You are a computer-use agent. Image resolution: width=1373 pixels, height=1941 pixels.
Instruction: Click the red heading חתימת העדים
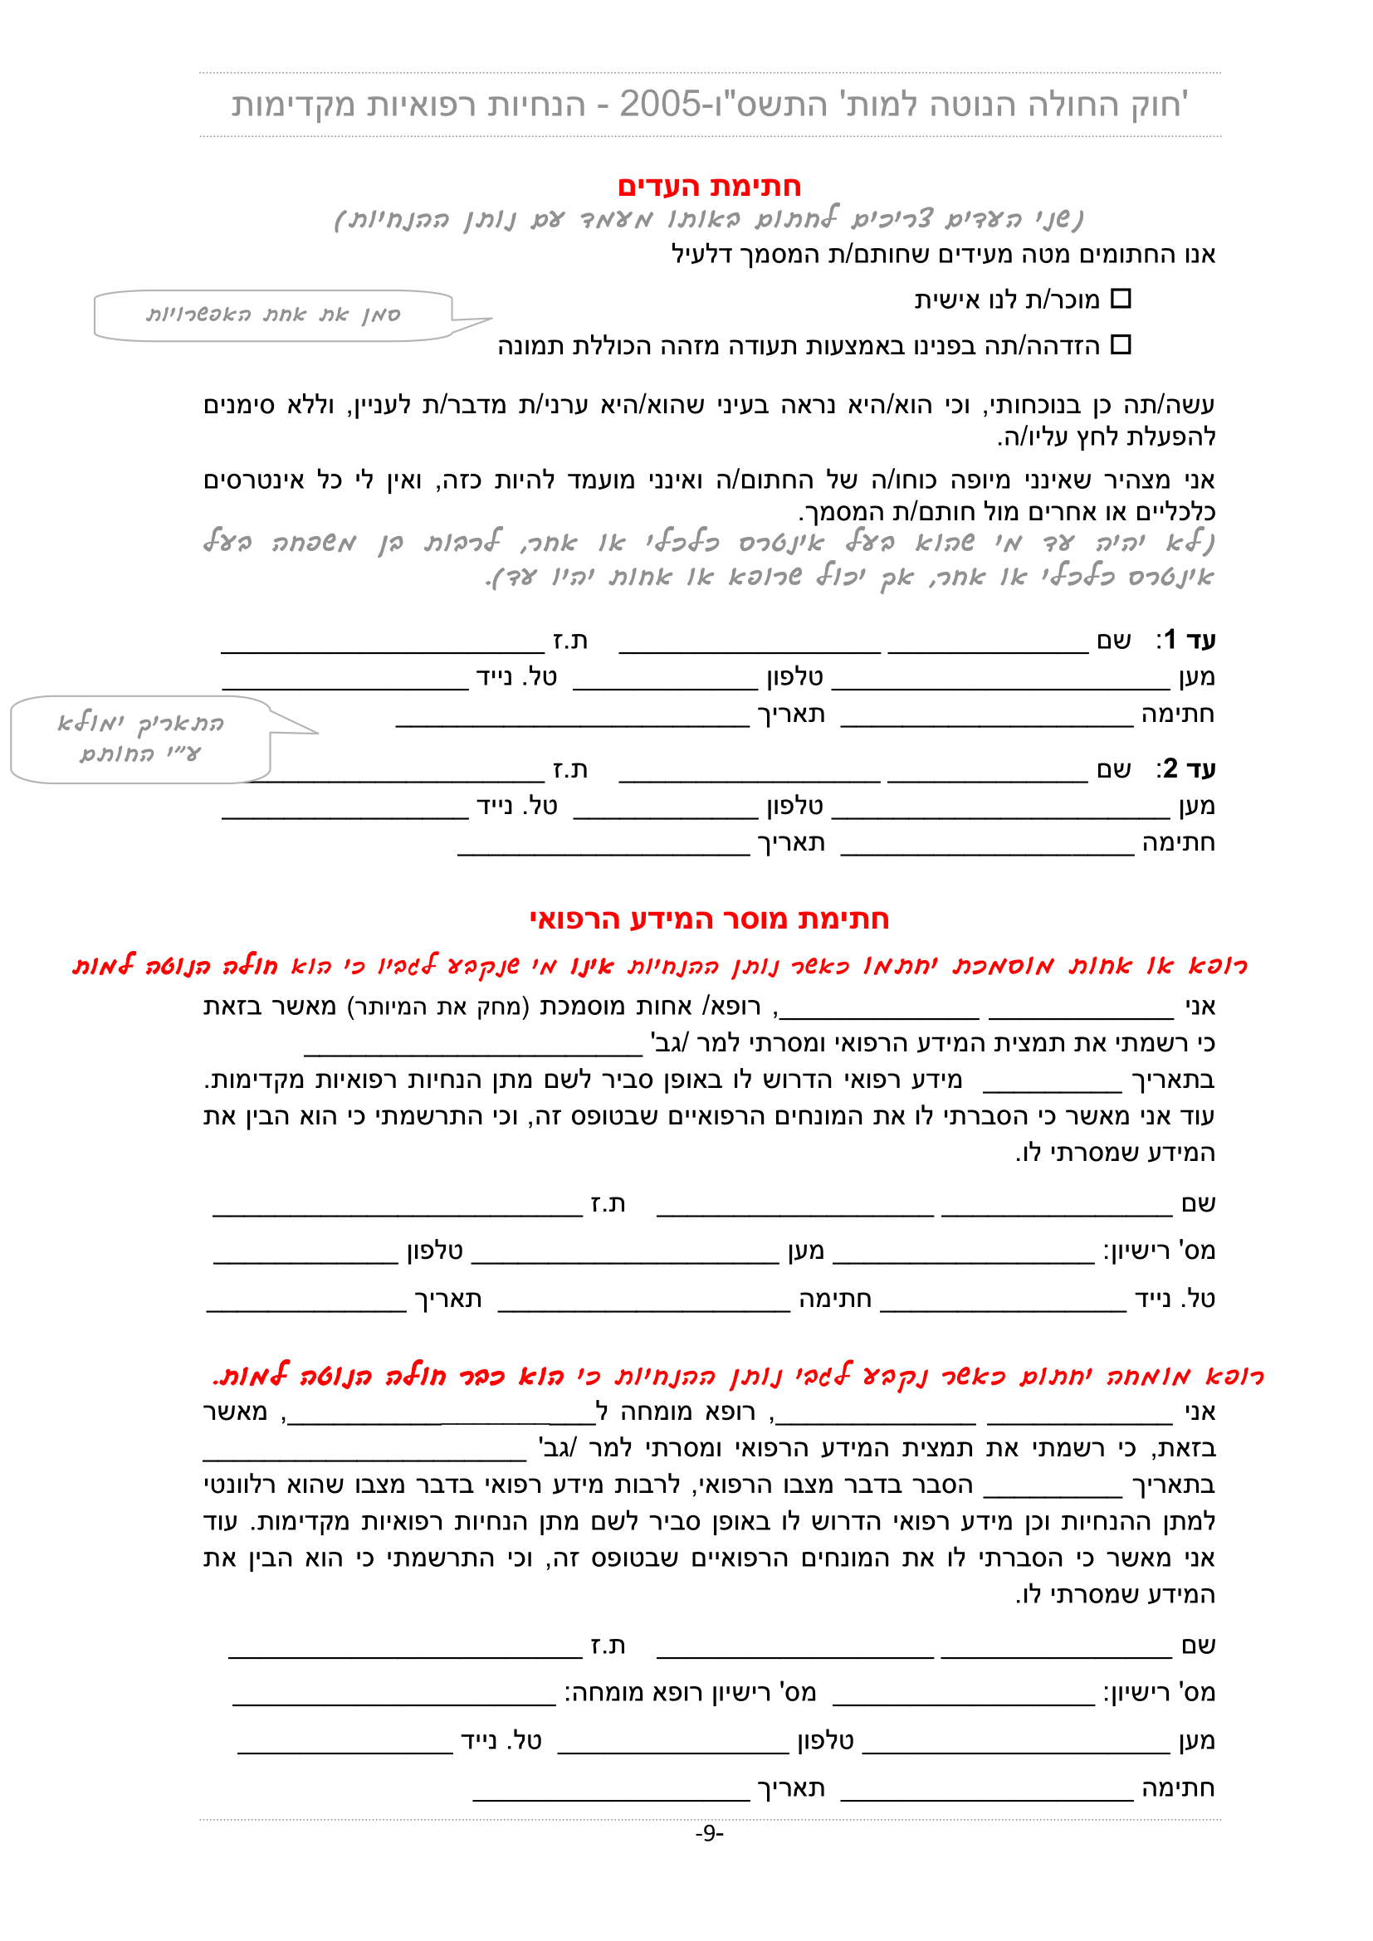pyautogui.click(x=708, y=186)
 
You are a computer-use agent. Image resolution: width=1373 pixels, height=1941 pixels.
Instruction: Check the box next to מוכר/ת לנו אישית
pyautogui.click(x=1120, y=299)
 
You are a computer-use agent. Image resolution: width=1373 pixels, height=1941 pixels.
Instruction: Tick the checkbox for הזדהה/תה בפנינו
pyautogui.click(x=1120, y=344)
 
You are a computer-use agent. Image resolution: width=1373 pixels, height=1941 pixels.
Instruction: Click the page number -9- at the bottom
pyautogui.click(x=709, y=1832)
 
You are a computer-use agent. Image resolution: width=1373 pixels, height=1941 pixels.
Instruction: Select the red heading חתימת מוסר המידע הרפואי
pyautogui.click(x=708, y=919)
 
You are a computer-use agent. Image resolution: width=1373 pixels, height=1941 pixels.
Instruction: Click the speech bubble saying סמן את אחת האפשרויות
pyautogui.click(x=272, y=315)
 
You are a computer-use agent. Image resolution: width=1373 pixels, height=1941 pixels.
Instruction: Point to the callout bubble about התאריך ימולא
pyautogui.click(x=140, y=738)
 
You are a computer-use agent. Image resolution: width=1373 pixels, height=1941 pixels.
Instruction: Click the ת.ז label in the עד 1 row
pyautogui.click(x=569, y=641)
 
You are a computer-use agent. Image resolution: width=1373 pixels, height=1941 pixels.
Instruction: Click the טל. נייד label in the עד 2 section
pyautogui.click(x=516, y=806)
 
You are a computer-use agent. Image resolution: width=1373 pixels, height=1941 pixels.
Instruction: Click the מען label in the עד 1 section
pyautogui.click(x=1196, y=677)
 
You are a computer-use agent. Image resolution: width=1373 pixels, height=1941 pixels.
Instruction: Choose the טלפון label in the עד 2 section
pyautogui.click(x=794, y=806)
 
